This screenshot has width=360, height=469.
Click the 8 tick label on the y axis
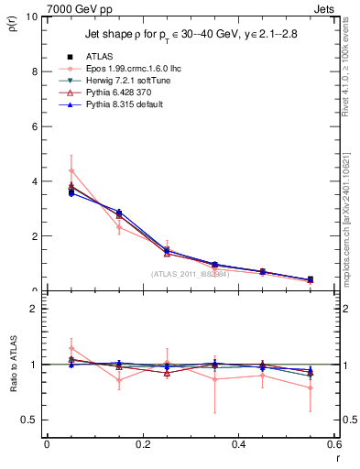click(x=34, y=71)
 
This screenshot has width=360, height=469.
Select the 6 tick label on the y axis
click(x=34, y=126)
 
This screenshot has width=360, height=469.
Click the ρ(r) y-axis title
click(x=13, y=25)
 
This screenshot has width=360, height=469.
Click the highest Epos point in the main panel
click(x=71, y=170)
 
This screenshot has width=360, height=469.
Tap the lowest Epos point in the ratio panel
click(x=311, y=387)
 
